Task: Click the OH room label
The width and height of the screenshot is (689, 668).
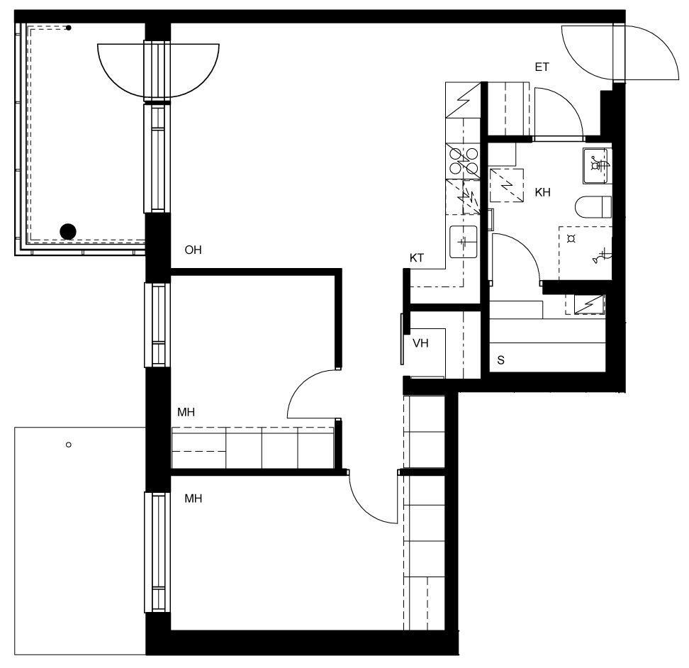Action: (193, 250)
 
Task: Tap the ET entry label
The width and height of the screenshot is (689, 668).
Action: (542, 67)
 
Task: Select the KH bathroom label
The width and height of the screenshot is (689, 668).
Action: (543, 192)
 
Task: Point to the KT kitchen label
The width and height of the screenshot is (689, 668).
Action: (417, 258)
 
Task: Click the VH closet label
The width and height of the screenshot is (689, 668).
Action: (420, 343)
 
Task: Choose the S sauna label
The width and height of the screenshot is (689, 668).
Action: (501, 360)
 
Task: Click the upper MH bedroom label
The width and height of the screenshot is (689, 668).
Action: (186, 412)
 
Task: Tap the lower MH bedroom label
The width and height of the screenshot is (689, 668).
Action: (194, 499)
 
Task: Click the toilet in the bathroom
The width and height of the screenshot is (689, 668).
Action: (593, 207)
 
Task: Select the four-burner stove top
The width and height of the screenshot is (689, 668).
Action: (463, 161)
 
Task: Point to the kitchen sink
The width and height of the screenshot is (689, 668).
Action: (463, 242)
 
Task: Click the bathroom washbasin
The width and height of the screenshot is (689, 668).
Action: (597, 166)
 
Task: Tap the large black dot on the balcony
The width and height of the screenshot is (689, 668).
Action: (68, 232)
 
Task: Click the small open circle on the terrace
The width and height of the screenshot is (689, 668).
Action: (69, 445)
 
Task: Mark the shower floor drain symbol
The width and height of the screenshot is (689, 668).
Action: (571, 239)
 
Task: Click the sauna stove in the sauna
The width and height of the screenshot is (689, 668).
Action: (589, 304)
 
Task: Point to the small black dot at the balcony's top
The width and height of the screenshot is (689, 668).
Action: (69, 28)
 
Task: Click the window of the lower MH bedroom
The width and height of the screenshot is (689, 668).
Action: (157, 552)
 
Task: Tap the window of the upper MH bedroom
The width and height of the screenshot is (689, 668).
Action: (157, 325)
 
